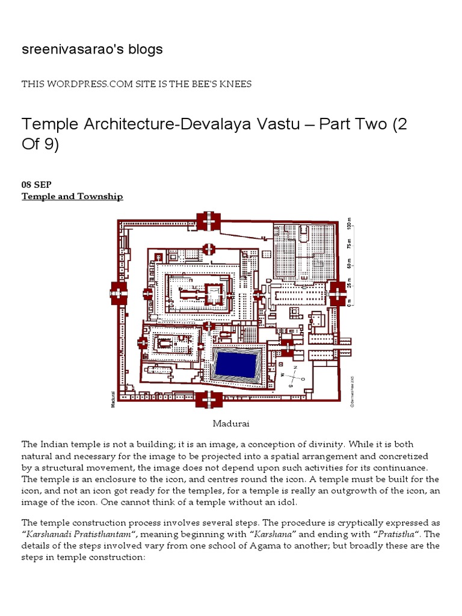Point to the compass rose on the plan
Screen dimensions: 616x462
point(295,377)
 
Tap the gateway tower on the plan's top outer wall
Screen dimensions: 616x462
point(209,221)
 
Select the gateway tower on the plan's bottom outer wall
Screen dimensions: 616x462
point(209,399)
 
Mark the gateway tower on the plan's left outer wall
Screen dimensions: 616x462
point(119,293)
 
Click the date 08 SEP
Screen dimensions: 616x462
point(37,185)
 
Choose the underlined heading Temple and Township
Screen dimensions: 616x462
point(72,197)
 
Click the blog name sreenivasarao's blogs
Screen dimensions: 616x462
point(92,49)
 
